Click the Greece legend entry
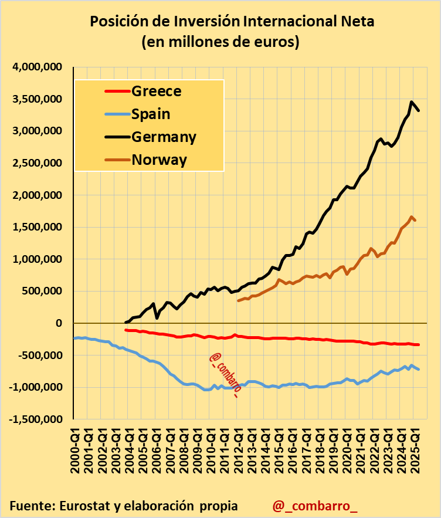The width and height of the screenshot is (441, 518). coord(156,91)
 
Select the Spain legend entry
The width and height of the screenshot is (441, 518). coord(151,114)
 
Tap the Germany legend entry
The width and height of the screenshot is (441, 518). coord(164,137)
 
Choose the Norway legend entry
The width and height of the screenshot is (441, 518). coord(159,160)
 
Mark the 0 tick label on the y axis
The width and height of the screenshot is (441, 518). coord(59,323)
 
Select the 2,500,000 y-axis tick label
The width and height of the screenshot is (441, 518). coord(37,163)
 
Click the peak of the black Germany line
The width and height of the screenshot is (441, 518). coord(412,101)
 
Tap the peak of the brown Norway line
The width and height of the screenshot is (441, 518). coord(412,216)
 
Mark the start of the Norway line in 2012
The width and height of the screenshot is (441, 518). coord(238,300)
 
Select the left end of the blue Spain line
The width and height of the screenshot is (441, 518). coord(74,338)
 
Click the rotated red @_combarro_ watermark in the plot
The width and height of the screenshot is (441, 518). coord(224,376)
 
